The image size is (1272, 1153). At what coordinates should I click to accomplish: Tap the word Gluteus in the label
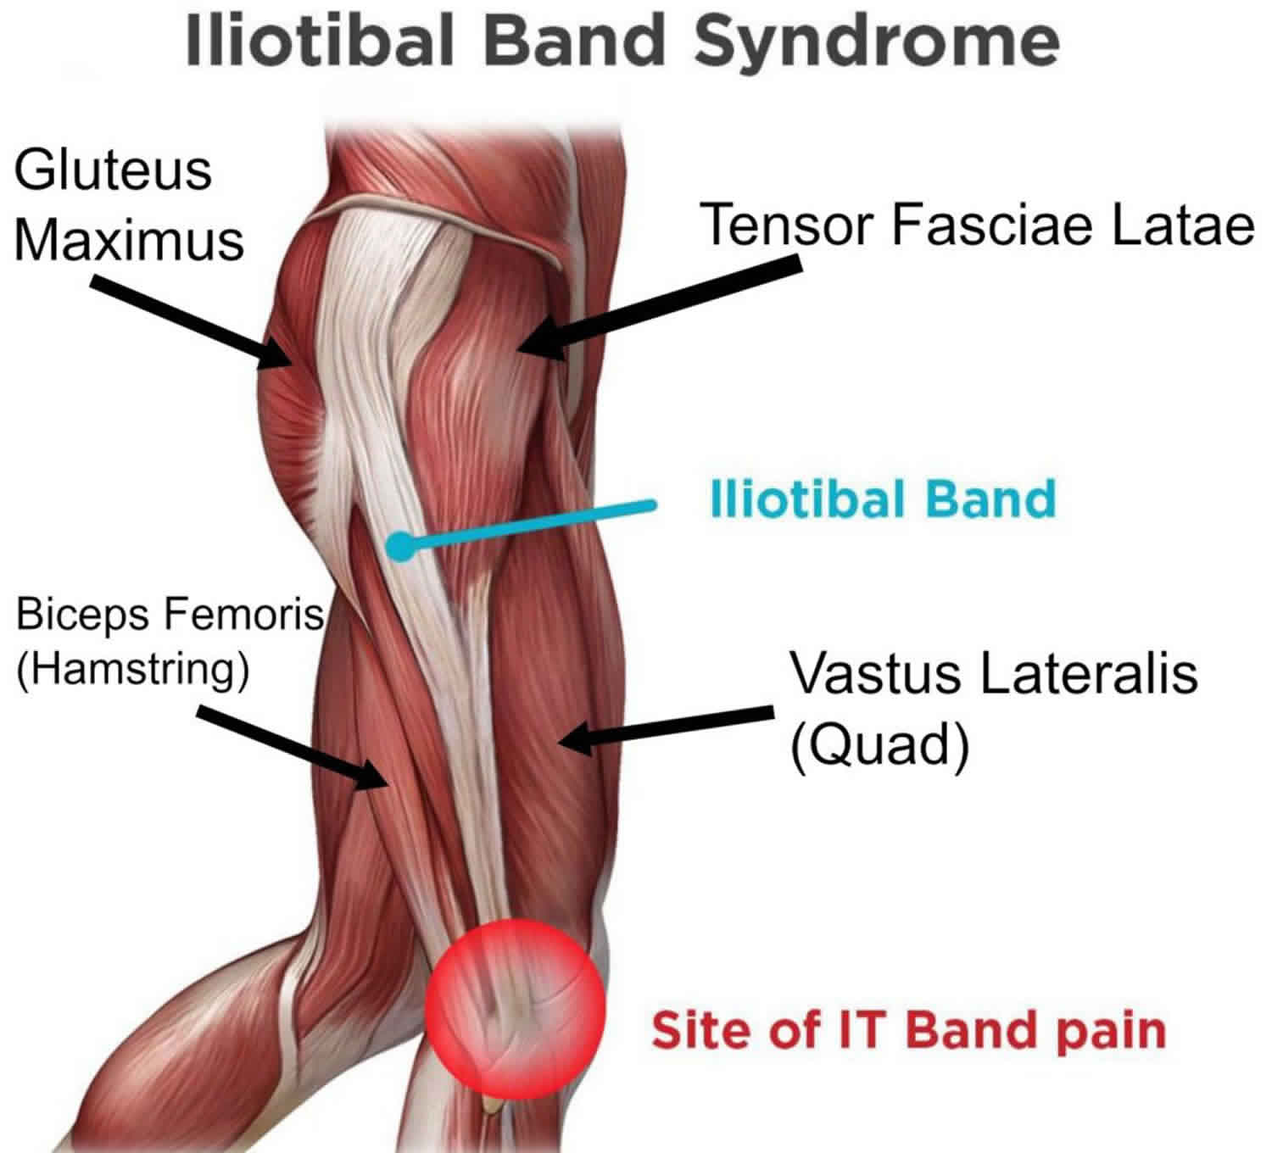coord(112,171)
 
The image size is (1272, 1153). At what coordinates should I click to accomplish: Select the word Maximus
coord(129,241)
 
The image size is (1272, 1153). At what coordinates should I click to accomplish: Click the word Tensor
coord(789,226)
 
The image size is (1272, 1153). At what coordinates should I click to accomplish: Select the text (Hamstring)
coord(133,669)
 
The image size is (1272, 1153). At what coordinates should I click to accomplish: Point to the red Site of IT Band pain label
coord(908,1030)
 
